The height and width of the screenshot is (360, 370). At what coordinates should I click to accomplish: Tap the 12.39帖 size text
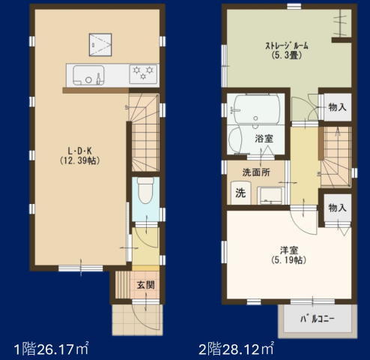(79, 160)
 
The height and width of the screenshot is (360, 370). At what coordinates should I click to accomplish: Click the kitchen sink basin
(85, 75)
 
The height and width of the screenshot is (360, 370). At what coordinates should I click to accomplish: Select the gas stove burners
(142, 73)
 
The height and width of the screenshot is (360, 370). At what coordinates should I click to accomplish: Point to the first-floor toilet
(145, 193)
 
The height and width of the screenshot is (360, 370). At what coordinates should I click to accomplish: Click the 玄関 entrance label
(145, 286)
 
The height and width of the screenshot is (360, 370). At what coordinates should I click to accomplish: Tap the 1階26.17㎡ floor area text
(51, 347)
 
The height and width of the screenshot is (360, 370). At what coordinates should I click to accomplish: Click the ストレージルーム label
(286, 46)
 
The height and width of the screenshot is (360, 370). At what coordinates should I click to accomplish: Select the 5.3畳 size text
(286, 55)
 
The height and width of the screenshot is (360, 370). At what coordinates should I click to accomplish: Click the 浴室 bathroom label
(263, 138)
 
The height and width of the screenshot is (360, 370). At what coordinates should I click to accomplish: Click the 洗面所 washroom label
(255, 172)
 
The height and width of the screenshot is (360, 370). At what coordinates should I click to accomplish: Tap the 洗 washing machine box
(240, 192)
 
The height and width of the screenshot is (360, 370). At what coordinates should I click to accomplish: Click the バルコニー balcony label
(317, 319)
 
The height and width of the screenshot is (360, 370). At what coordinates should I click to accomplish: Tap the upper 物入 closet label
(336, 107)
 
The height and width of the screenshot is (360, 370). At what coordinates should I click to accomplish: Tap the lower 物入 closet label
(336, 207)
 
